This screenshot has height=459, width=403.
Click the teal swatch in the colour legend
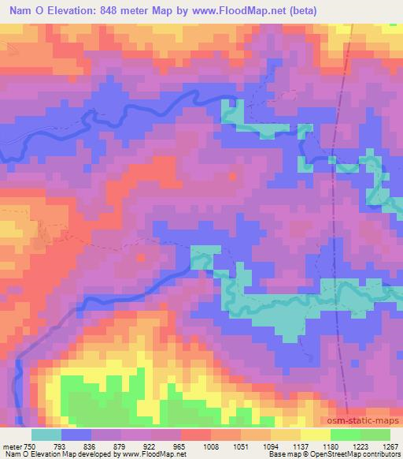(47, 435)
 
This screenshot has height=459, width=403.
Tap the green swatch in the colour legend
(346, 435)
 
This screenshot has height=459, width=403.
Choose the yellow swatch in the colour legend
(316, 435)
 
